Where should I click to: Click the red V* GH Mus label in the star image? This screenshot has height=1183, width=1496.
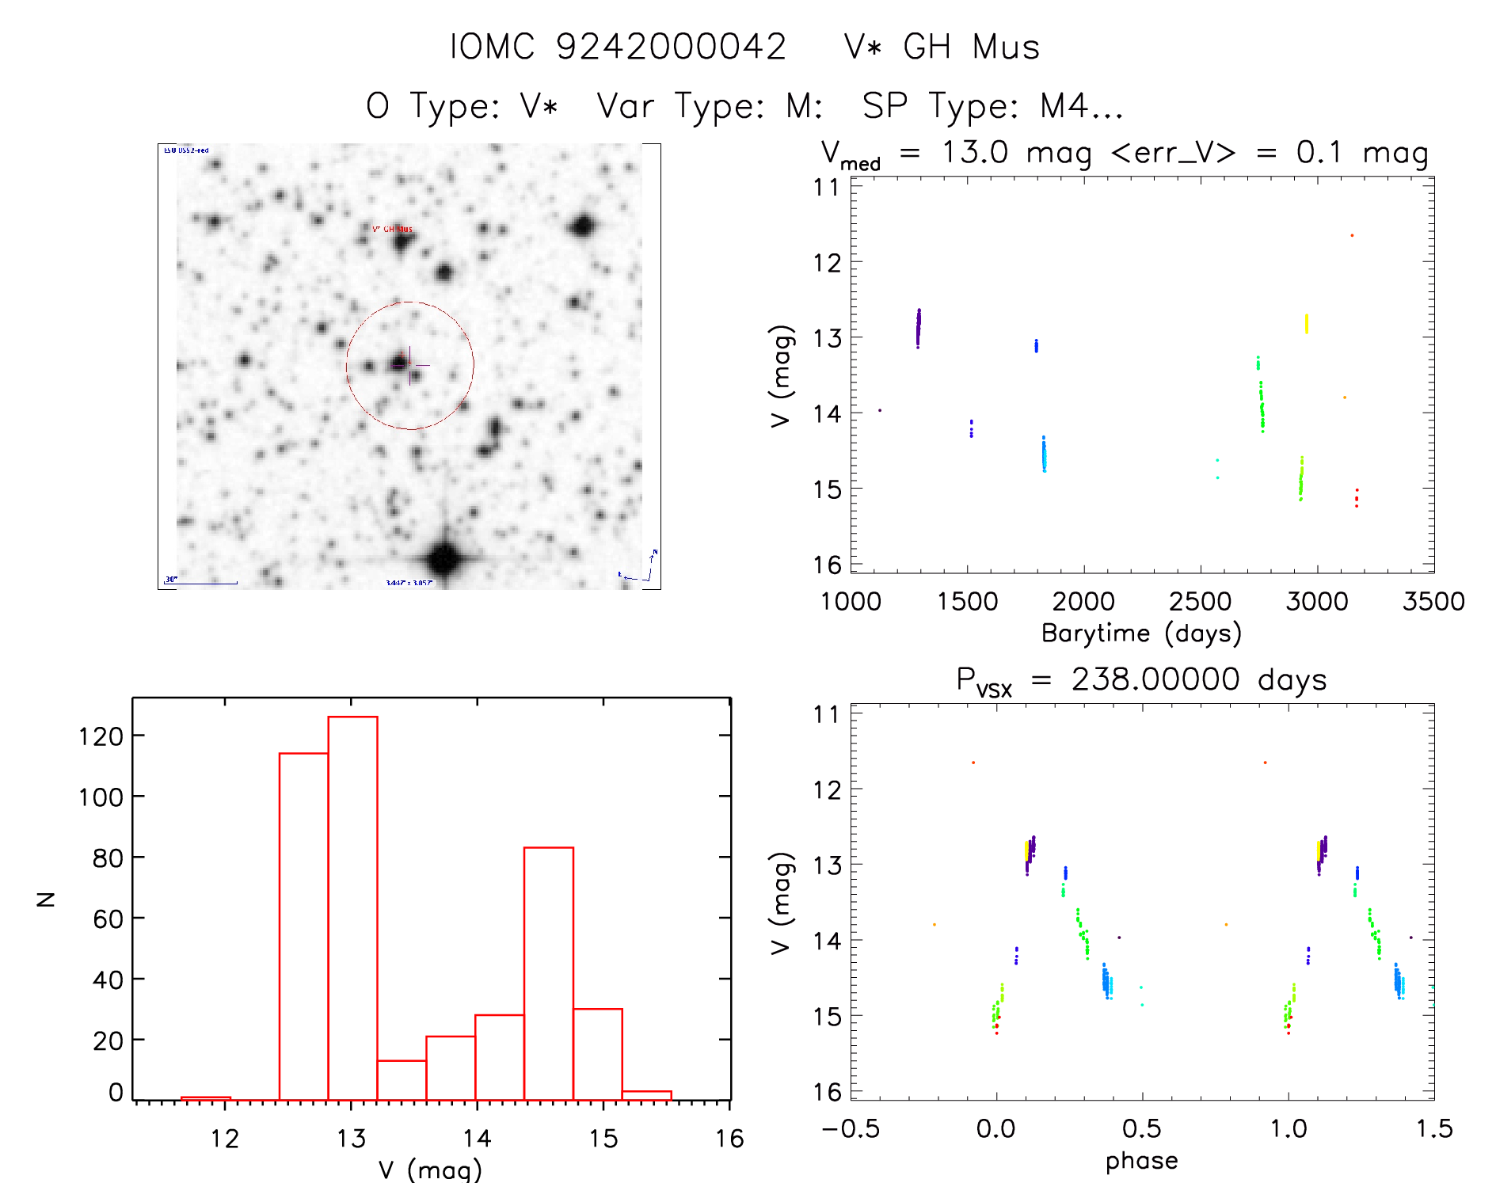pos(392,229)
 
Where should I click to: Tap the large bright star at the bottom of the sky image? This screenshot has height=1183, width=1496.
pos(444,559)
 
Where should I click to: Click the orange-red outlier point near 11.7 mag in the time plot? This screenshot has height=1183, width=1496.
pos(1352,235)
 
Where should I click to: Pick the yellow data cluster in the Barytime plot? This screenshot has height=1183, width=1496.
pos(1306,324)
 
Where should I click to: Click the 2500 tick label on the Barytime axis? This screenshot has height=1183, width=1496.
pos(1200,601)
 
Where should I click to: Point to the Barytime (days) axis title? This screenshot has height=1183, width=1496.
pos(1141,633)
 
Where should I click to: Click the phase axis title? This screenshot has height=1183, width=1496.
pos(1141,1161)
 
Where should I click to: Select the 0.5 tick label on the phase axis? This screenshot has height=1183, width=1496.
pos(1141,1128)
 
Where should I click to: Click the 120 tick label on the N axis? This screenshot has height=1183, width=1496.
pos(101,737)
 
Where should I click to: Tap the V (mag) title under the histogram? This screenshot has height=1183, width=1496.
pos(430,1170)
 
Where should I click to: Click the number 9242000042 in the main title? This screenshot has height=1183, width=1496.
pos(671,48)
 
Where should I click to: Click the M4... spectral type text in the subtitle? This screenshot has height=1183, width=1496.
pos(1081,106)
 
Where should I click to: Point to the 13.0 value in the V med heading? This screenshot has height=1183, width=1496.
pos(974,152)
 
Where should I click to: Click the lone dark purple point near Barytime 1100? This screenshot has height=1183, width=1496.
pos(880,410)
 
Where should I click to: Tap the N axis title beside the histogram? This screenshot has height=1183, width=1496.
pos(46,899)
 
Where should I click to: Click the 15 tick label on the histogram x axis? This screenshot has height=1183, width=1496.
pos(603,1139)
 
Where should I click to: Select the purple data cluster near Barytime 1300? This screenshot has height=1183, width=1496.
pos(919,328)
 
